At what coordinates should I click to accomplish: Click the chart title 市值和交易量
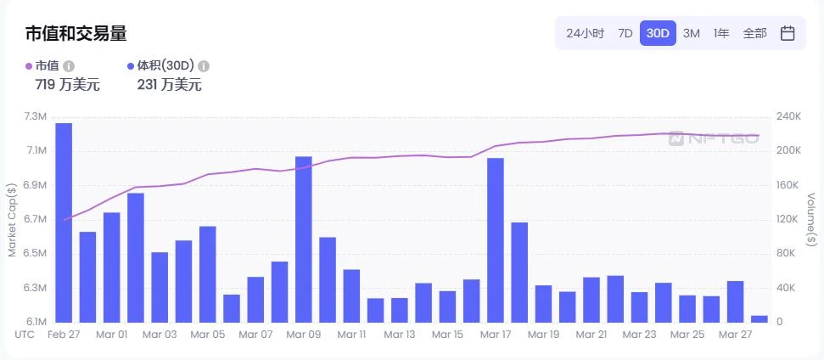(x=76, y=33)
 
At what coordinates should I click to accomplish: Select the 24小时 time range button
(x=585, y=33)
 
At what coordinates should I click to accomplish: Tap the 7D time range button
(x=625, y=33)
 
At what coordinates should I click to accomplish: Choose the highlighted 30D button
(x=658, y=33)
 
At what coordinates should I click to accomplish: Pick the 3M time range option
(x=691, y=33)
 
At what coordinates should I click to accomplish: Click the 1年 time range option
(x=721, y=33)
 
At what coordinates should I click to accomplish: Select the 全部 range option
(x=754, y=33)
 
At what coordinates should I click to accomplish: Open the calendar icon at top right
(x=788, y=33)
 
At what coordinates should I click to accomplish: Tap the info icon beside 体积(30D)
(x=204, y=65)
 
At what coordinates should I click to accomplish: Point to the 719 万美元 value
(x=67, y=84)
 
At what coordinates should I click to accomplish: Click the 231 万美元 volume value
(x=169, y=84)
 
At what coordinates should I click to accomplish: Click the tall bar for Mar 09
(x=303, y=239)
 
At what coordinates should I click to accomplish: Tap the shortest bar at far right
(x=760, y=318)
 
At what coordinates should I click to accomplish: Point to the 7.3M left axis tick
(x=35, y=116)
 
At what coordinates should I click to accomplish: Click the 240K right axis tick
(x=788, y=116)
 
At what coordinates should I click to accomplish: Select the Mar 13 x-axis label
(x=400, y=335)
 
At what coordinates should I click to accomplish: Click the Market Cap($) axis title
(x=12, y=220)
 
